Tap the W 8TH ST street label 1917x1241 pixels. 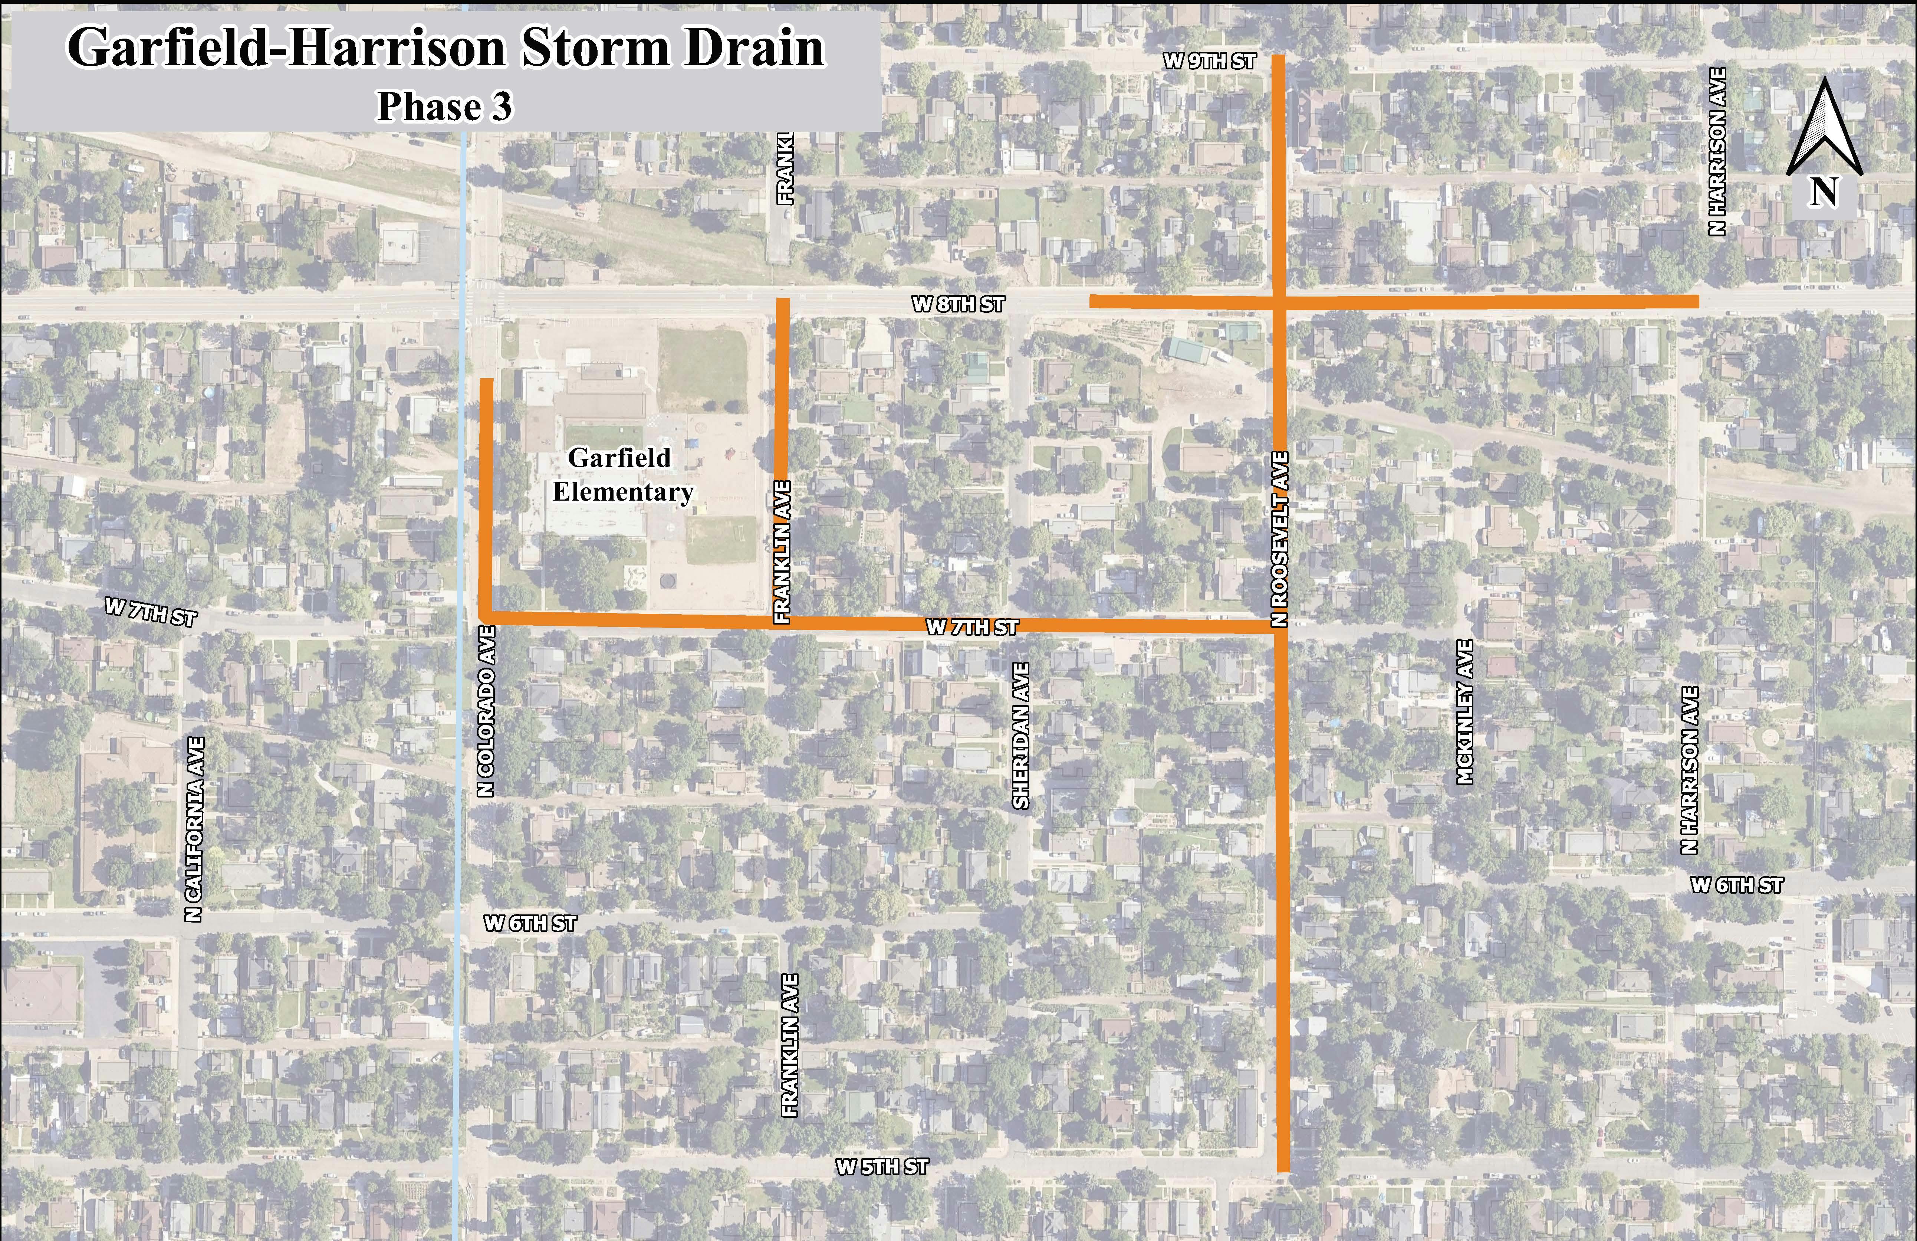pos(958,305)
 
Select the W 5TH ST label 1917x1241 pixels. pos(882,1167)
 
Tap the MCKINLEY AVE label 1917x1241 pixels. pos(1465,711)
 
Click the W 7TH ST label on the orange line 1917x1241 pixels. pos(972,628)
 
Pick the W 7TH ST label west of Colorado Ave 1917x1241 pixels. pos(151,612)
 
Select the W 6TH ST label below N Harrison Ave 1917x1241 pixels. pos(1737,885)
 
